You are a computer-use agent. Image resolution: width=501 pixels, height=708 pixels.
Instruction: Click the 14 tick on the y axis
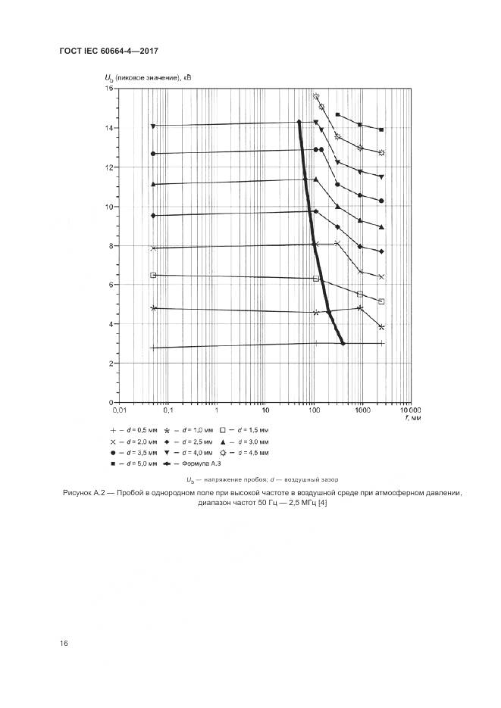(x=109, y=128)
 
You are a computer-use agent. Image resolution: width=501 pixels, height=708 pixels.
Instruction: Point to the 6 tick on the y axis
(x=111, y=285)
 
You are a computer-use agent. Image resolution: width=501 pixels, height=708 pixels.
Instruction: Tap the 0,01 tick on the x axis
(x=118, y=410)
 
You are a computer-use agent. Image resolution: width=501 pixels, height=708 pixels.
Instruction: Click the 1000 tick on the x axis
(x=362, y=410)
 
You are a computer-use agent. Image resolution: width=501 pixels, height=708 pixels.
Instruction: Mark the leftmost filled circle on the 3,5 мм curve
(x=153, y=154)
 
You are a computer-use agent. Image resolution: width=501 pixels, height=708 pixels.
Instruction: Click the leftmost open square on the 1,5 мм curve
(x=153, y=275)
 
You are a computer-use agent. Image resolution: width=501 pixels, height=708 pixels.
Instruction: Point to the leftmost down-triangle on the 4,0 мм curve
(x=153, y=126)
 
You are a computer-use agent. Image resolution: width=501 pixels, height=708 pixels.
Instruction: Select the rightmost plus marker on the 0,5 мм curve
(x=381, y=343)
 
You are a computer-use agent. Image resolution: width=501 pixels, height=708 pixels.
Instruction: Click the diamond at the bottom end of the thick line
(x=343, y=343)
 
